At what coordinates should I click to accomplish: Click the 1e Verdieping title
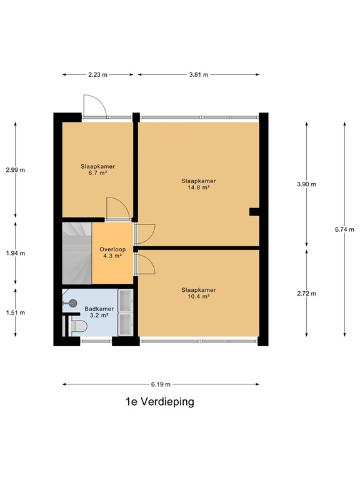tap(160, 401)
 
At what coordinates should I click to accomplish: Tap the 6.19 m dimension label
tap(161, 384)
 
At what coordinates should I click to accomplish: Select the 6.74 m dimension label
tap(344, 229)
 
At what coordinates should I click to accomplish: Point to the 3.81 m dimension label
tap(199, 74)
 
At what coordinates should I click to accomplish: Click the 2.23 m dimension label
tap(98, 74)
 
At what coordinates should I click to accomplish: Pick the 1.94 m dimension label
tap(16, 253)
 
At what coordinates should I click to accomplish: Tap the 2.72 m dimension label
tap(306, 293)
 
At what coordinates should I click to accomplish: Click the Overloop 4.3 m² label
tap(112, 252)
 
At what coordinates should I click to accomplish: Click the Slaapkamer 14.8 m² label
tap(199, 184)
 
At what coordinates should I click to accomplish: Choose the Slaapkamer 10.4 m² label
tap(199, 293)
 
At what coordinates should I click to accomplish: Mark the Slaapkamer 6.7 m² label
tap(98, 169)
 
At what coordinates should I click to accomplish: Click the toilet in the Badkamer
tap(78, 326)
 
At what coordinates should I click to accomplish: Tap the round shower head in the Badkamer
tap(72, 303)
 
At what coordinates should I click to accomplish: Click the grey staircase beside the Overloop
tap(77, 253)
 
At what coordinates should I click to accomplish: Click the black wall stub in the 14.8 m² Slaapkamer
tap(254, 212)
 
